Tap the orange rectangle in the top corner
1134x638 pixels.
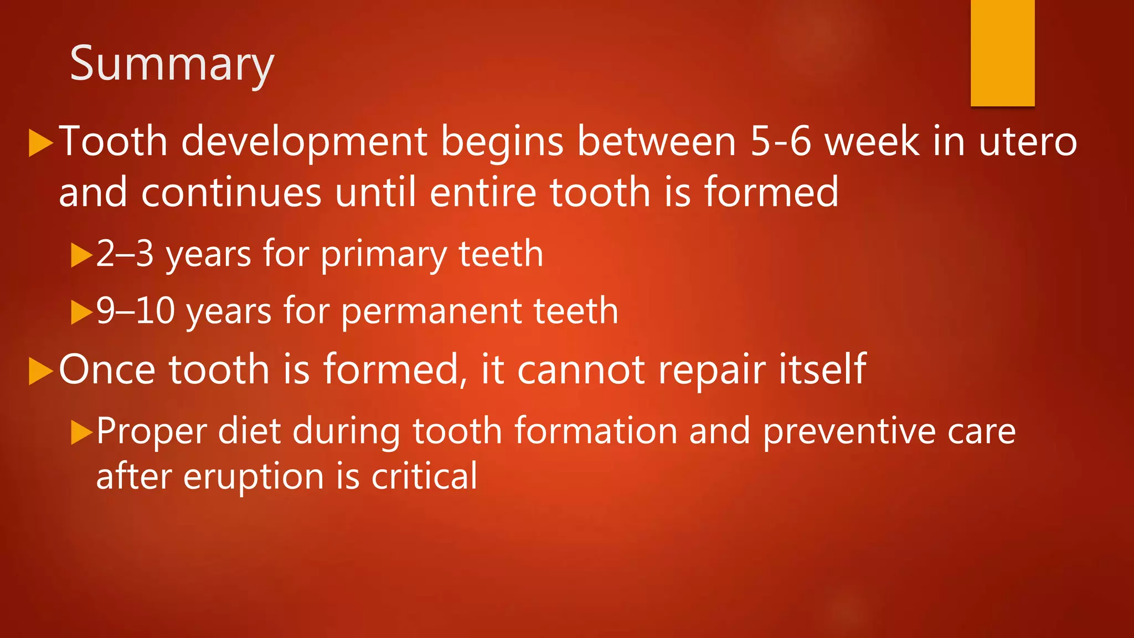[x=1002, y=53]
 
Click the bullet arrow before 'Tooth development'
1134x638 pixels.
[x=40, y=143]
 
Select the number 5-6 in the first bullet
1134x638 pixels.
[x=780, y=142]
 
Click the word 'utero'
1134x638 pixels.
[x=1028, y=142]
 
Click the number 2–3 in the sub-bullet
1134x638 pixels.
[x=125, y=254]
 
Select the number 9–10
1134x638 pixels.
[x=135, y=311]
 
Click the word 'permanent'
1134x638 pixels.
[x=431, y=312]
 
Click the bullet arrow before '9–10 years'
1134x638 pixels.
[x=81, y=312]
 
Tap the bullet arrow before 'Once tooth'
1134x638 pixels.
[x=40, y=371]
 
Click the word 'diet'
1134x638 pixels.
[x=249, y=431]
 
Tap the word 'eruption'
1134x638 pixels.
[x=253, y=477]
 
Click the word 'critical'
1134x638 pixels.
[x=424, y=476]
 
